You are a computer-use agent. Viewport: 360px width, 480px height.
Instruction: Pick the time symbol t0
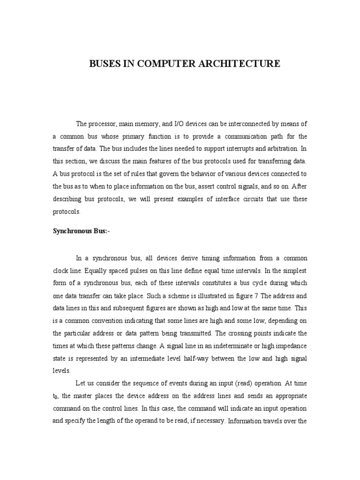55,396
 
